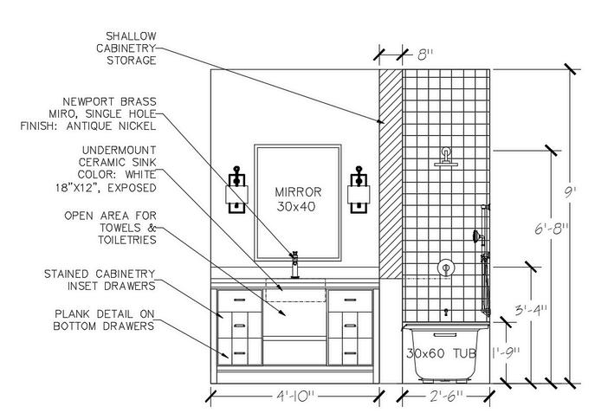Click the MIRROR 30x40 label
coord(298,198)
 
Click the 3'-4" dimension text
coord(529,308)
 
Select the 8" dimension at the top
coord(424,54)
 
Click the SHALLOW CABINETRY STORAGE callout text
coord(131,48)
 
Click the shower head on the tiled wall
coord(446,158)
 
